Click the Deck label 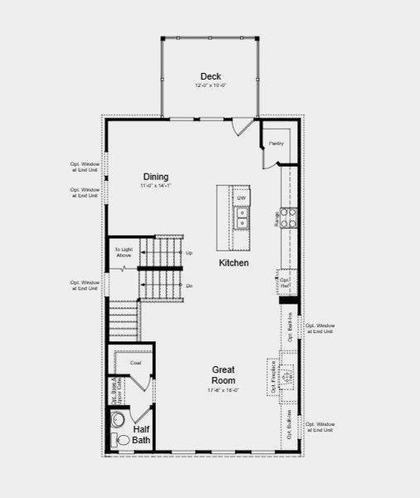(x=210, y=76)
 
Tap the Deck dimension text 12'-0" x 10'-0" (x=210, y=86)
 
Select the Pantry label (x=276, y=144)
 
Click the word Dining (x=155, y=177)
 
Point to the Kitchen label (x=233, y=262)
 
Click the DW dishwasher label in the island (x=242, y=198)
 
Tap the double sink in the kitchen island (x=242, y=217)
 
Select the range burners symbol (x=287, y=217)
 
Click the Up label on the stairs (x=188, y=252)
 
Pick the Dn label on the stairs (x=188, y=286)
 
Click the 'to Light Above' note (x=123, y=251)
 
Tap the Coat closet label (x=134, y=363)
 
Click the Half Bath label (x=141, y=435)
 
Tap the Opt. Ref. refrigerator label (x=284, y=283)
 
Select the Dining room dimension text (x=155, y=187)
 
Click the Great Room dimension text (x=222, y=390)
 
